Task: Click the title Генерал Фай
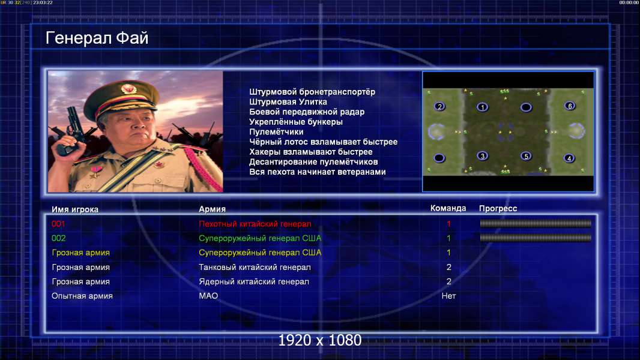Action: click(x=97, y=38)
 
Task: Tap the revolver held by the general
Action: click(x=71, y=130)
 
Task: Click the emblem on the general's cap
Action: click(x=128, y=88)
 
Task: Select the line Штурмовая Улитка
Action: click(x=288, y=102)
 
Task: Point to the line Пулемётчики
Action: click(x=276, y=131)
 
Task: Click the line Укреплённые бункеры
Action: click(x=296, y=122)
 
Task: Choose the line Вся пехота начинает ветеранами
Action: click(x=317, y=172)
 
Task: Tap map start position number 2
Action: click(x=439, y=107)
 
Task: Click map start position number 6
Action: click(x=570, y=106)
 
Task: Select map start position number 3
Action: click(x=483, y=156)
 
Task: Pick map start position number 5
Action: click(x=526, y=156)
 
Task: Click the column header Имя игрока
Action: click(x=74, y=209)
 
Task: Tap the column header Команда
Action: click(x=448, y=208)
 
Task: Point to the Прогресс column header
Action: click(x=498, y=208)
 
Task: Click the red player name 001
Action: click(x=58, y=224)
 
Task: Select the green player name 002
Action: click(x=58, y=238)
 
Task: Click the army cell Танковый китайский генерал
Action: click(x=255, y=268)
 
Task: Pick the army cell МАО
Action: click(x=208, y=296)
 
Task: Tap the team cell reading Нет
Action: click(x=448, y=296)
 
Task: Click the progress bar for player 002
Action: click(x=536, y=238)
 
